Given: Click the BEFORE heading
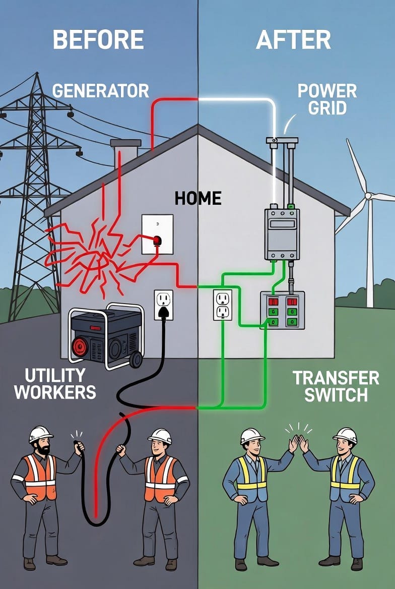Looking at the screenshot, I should pos(98,39).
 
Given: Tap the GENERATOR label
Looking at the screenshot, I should pos(101,91).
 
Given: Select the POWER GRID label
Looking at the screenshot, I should pos(327,99).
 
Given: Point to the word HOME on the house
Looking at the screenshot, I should pos(198,198).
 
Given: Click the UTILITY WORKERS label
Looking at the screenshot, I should pos(55,384).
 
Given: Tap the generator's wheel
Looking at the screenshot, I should pos(136,360).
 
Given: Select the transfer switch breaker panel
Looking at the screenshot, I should pos(282,310).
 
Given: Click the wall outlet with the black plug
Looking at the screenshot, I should pos(163,305).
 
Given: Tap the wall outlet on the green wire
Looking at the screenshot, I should pos(222,305).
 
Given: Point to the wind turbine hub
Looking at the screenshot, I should pos(368,196).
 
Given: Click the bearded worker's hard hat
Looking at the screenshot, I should pos(41,433).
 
